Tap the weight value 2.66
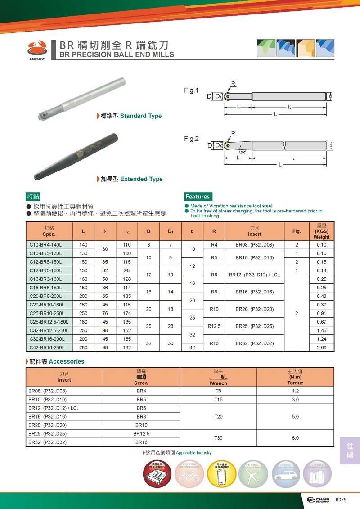tap(321, 347)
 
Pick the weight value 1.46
tap(321, 330)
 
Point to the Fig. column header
tap(297, 231)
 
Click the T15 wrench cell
tap(218, 399)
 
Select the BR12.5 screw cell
tap(141, 433)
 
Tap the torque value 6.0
tap(295, 438)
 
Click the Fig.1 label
tap(191, 90)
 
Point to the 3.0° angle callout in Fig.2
tap(243, 153)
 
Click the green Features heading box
tap(198, 197)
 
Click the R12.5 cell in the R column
tap(214, 326)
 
